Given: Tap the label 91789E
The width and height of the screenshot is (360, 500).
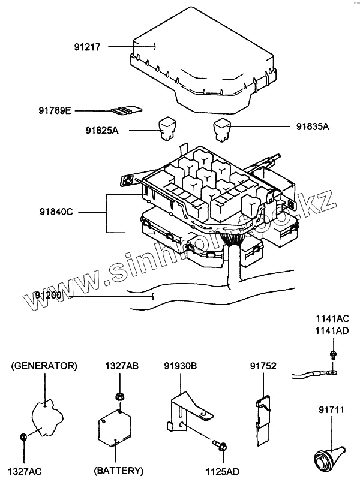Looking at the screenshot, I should (x=55, y=110).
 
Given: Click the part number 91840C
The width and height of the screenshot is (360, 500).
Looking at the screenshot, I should (x=56, y=212).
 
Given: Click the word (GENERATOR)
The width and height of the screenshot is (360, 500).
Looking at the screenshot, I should (x=44, y=365).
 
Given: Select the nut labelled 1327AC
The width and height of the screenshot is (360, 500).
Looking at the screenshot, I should (x=23, y=436).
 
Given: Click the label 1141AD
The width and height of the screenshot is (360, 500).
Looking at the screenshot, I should (x=332, y=330).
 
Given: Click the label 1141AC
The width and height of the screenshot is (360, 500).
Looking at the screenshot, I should (x=332, y=320).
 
